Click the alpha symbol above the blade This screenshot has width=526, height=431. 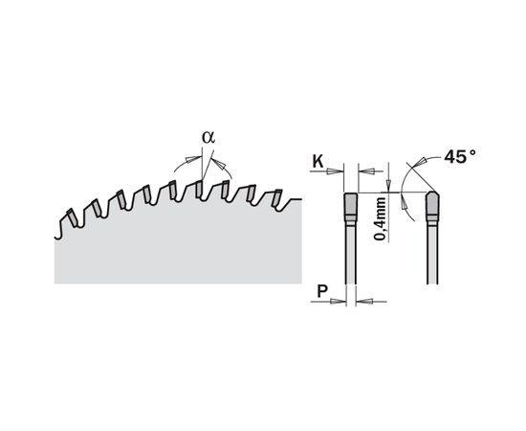coord(208,137)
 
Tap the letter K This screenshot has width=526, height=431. coord(318,162)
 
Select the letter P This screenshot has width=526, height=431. coord(322,291)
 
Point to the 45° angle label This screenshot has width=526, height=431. coord(460,156)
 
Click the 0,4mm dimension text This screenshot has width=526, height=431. coord(380,219)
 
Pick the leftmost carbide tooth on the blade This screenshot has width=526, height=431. coord(73,217)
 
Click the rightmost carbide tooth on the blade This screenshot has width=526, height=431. coord(277,198)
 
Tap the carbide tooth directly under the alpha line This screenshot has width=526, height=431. coord(199,190)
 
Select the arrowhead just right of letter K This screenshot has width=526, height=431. coord(332,171)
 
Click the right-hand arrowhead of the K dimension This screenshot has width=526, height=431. coord(368,171)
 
